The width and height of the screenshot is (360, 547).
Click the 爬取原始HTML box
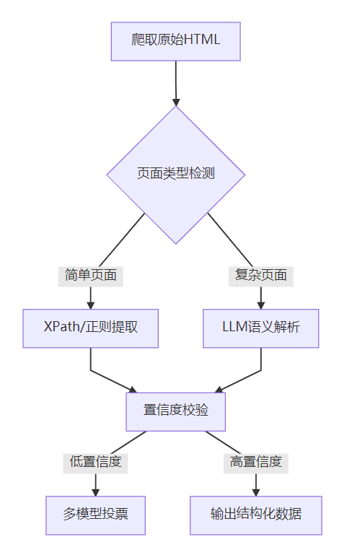[x=175, y=41]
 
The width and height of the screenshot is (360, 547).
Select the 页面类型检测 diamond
[x=175, y=175]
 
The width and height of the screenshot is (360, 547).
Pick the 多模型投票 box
[x=95, y=515]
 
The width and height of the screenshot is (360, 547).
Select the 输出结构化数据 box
[x=255, y=515]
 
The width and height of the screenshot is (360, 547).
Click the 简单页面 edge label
[x=91, y=275]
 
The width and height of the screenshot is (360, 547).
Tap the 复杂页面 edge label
[x=260, y=275]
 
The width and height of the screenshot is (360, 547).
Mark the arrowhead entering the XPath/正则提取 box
[x=91, y=304]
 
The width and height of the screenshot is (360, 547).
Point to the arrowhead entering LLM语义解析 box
[x=260, y=304]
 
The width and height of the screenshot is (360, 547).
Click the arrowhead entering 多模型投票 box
[x=95, y=491]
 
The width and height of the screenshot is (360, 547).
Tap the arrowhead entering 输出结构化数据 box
[x=255, y=491]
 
